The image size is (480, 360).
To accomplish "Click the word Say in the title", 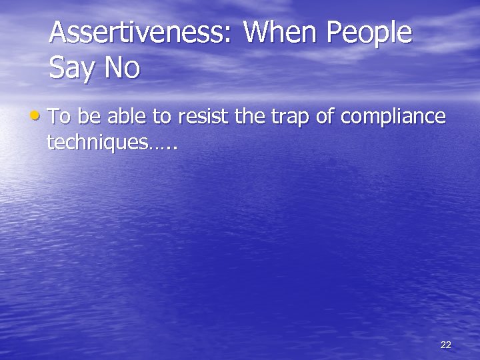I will (x=72, y=69).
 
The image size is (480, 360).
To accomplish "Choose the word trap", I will (x=292, y=117).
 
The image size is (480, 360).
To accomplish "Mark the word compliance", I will (x=393, y=117).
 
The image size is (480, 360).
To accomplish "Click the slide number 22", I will (x=446, y=345).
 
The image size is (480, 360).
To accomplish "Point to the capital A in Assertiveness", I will (x=59, y=34).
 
